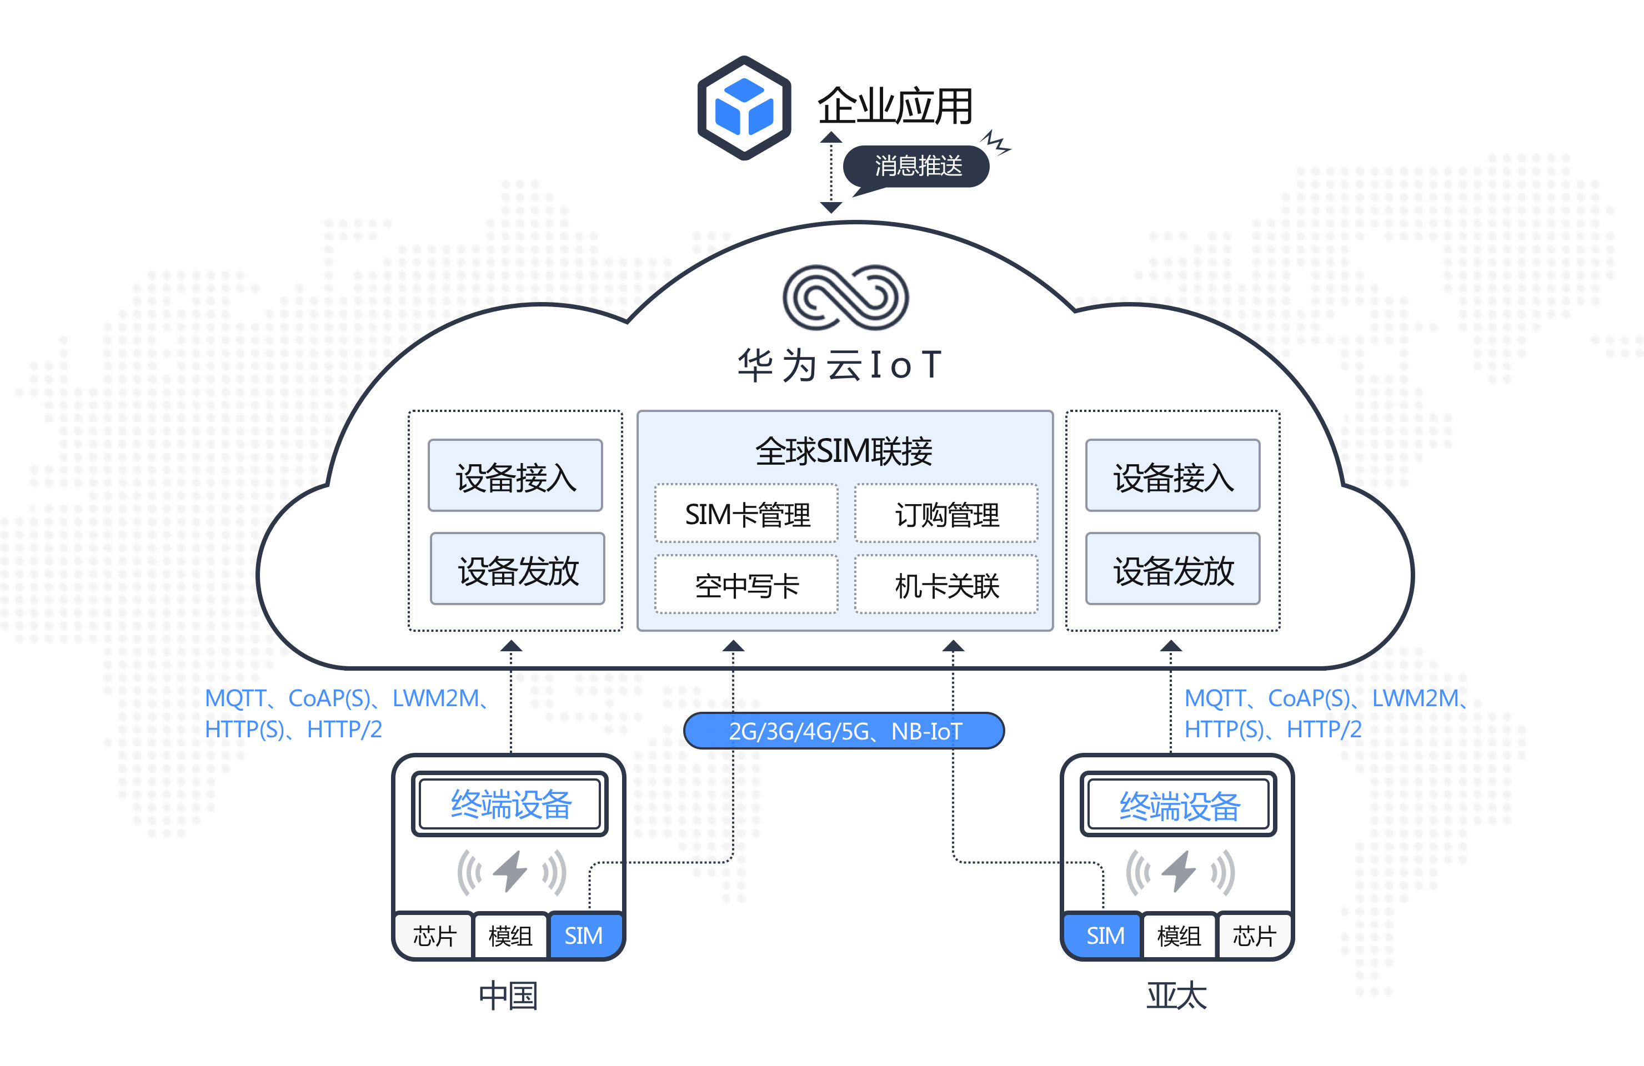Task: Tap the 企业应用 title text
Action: [895, 107]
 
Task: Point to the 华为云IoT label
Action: [839, 365]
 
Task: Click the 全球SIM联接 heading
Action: [844, 451]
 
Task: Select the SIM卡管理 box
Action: [746, 514]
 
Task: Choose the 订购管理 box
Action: [946, 514]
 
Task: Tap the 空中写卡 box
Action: [746, 585]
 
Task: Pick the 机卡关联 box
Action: [946, 585]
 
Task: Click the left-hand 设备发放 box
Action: [518, 569]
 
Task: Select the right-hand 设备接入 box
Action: [1173, 476]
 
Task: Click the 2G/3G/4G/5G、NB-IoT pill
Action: [844, 731]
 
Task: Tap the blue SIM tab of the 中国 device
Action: [584, 936]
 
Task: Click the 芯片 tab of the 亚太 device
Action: [1254, 936]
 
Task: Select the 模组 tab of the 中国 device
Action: [510, 936]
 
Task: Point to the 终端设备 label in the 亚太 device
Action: [1180, 806]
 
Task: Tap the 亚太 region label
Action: [1177, 995]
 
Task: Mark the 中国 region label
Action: [508, 995]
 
